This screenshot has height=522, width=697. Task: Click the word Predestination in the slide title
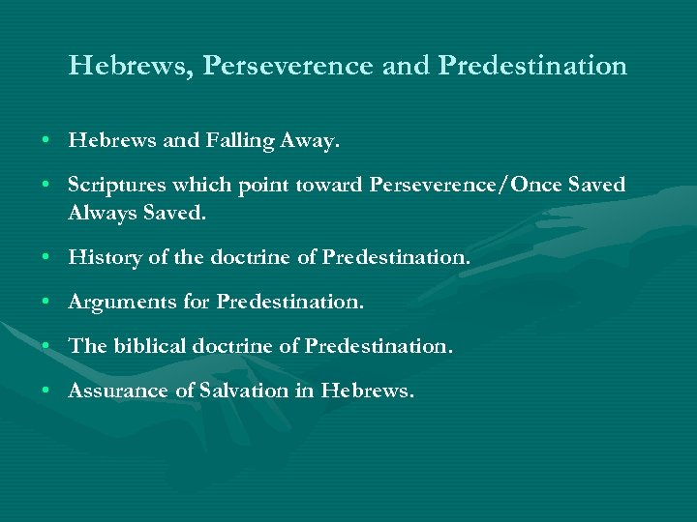[532, 66]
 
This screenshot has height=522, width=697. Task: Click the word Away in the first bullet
[309, 141]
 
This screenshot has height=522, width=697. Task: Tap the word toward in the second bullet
[328, 184]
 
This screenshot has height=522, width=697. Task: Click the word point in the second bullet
[254, 184]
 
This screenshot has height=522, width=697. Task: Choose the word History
[101, 257]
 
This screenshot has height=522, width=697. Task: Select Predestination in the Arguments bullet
[290, 302]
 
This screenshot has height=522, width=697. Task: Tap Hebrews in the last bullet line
[367, 391]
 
